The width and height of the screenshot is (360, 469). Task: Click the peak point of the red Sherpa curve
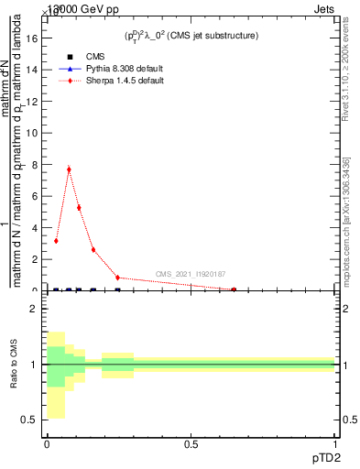[x=69, y=169]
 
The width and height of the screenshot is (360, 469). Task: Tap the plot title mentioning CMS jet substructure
[x=191, y=35]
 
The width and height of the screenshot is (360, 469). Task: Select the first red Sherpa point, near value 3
[x=56, y=241]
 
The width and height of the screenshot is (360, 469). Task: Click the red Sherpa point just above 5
[x=79, y=207]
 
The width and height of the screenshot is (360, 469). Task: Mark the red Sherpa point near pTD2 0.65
[x=234, y=289]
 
